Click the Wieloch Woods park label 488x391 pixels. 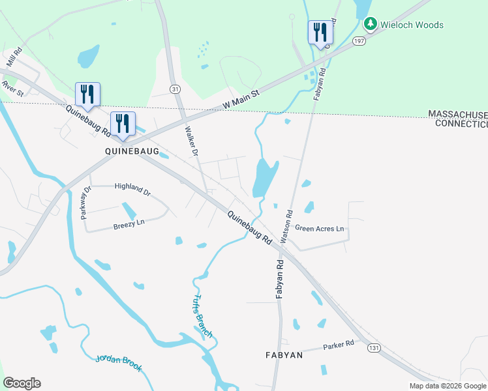[412, 25]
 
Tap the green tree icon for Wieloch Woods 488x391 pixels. [371, 24]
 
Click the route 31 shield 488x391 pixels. [174, 88]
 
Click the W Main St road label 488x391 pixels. [241, 100]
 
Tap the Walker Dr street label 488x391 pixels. [191, 138]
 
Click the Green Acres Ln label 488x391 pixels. [319, 229]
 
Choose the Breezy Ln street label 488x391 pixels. [129, 224]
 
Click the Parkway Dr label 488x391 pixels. [86, 202]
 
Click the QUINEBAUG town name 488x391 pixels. [132, 150]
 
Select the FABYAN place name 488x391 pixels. [284, 355]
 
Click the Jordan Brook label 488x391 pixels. [119, 363]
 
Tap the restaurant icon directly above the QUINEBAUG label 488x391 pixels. [123, 123]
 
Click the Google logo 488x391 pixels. [22, 383]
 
